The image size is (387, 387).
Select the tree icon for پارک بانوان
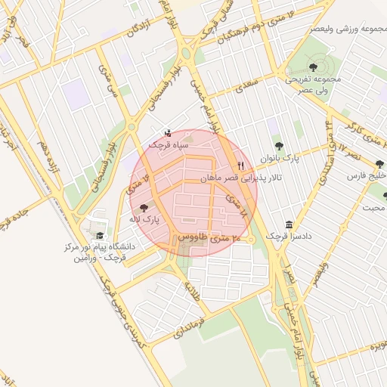pos(280,146)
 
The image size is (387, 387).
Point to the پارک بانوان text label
pos(280,158)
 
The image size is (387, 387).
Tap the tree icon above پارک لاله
pos(144,206)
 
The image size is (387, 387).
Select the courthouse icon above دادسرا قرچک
pos(289,224)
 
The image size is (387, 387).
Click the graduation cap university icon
pos(100,234)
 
